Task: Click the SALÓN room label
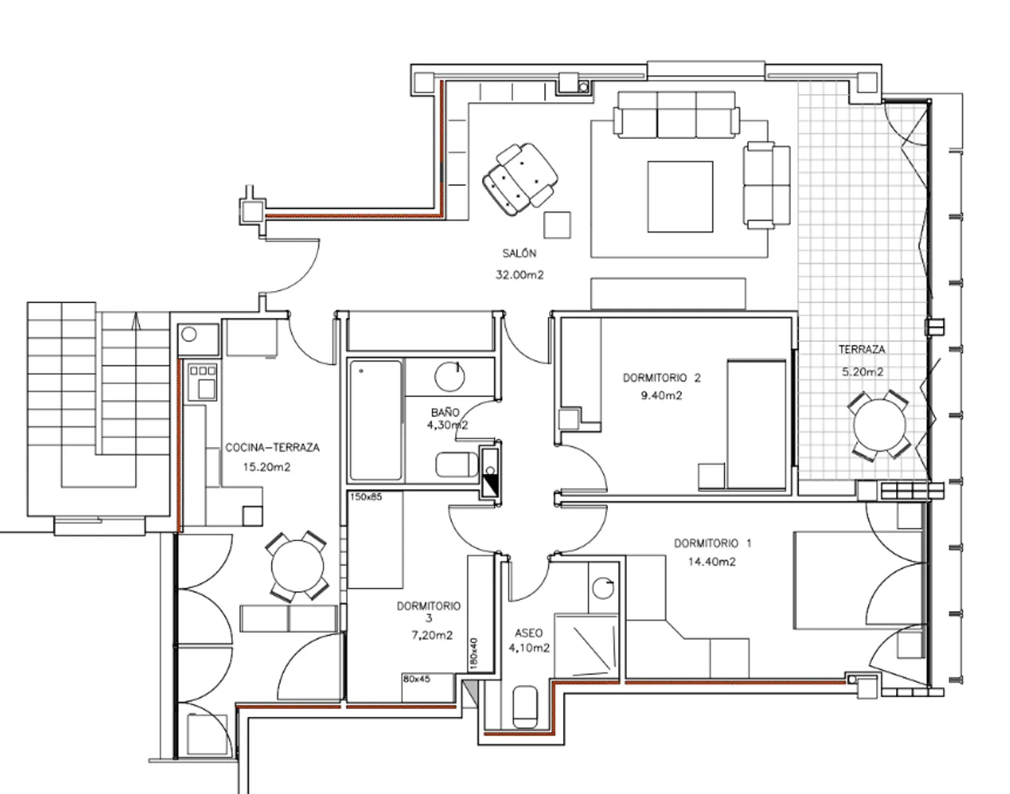pyautogui.click(x=519, y=254)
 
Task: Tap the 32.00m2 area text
pyautogui.click(x=519, y=275)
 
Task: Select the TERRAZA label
pyautogui.click(x=862, y=350)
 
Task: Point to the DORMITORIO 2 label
pyautogui.click(x=662, y=378)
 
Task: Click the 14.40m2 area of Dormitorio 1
pyautogui.click(x=712, y=562)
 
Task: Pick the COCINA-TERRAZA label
pyautogui.click(x=273, y=448)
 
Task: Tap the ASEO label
pyautogui.click(x=529, y=633)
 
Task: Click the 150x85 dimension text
pyautogui.click(x=366, y=496)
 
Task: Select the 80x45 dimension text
pyautogui.click(x=417, y=679)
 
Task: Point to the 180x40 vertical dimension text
pyautogui.click(x=473, y=654)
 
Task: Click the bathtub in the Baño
pyautogui.click(x=376, y=420)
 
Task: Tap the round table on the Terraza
pyautogui.click(x=879, y=425)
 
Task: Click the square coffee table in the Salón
pyautogui.click(x=680, y=196)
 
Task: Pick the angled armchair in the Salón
pyautogui.click(x=520, y=179)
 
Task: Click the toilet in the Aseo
pyautogui.click(x=526, y=707)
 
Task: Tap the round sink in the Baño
pyautogui.click(x=449, y=376)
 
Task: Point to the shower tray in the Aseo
pyautogui.click(x=586, y=645)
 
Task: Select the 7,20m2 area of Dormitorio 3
pyautogui.click(x=431, y=635)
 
